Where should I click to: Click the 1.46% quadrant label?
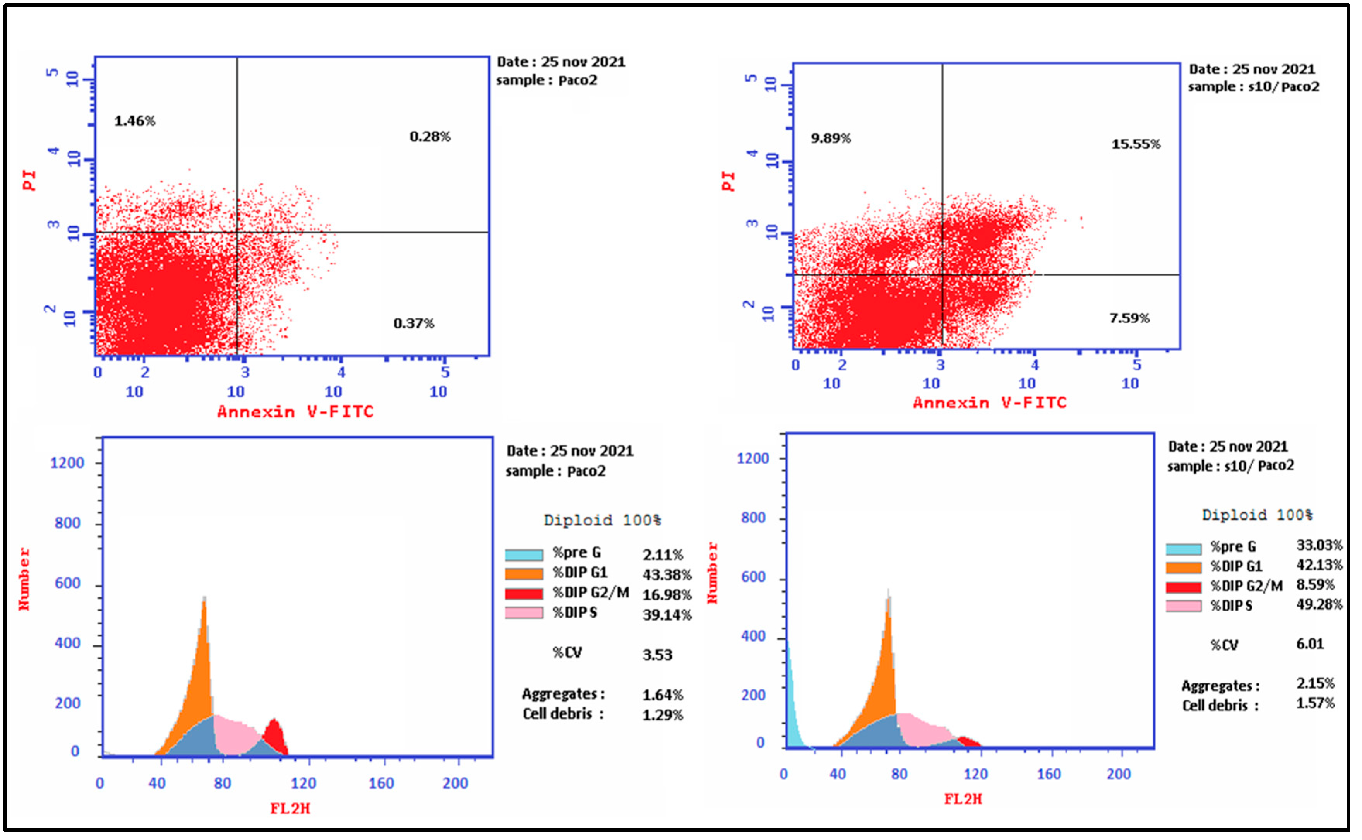pyautogui.click(x=135, y=121)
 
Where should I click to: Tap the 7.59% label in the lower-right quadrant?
pyautogui.click(x=1129, y=318)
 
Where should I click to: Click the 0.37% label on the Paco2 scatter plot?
pyautogui.click(x=413, y=323)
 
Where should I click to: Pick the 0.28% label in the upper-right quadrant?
pyautogui.click(x=430, y=136)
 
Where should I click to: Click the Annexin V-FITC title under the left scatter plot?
pyautogui.click(x=295, y=412)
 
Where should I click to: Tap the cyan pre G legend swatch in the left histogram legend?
pyautogui.click(x=523, y=555)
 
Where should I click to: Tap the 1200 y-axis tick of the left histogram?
pyautogui.click(x=67, y=463)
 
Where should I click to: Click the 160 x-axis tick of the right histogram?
pyautogui.click(x=1048, y=775)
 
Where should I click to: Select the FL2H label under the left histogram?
pyautogui.click(x=290, y=808)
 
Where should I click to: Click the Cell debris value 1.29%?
pyautogui.click(x=662, y=715)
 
